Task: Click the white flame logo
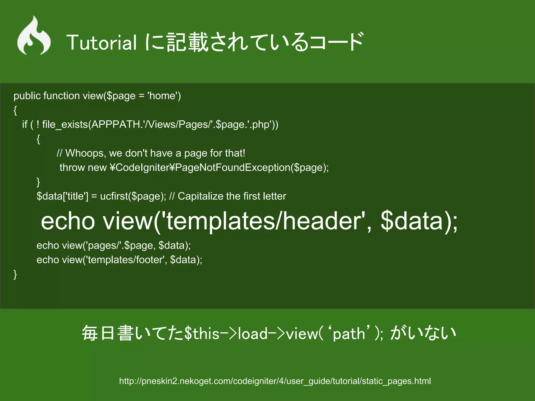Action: (x=34, y=37)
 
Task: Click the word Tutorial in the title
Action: (x=102, y=43)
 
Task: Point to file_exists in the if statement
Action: (x=65, y=125)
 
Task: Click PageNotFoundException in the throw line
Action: (x=232, y=168)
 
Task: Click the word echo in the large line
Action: (x=68, y=221)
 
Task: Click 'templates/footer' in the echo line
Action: (x=125, y=260)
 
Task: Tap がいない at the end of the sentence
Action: (x=423, y=333)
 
